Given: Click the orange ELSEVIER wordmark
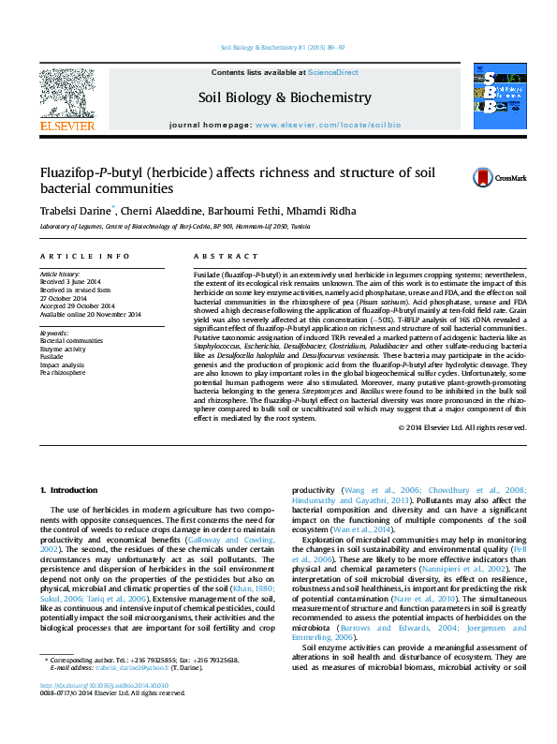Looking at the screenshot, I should (x=66, y=126).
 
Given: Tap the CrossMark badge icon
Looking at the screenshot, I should (x=499, y=177).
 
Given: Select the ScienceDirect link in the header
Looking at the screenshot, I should (x=333, y=72).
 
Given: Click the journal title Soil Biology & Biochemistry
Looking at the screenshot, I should (x=285, y=97).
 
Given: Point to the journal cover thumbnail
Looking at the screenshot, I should (x=499, y=97).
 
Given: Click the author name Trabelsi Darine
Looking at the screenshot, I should (x=75, y=211).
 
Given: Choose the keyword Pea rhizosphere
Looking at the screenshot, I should (x=61, y=373).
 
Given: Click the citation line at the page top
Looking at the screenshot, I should (x=282, y=47).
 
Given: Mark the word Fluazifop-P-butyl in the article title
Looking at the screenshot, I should (x=88, y=172).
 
